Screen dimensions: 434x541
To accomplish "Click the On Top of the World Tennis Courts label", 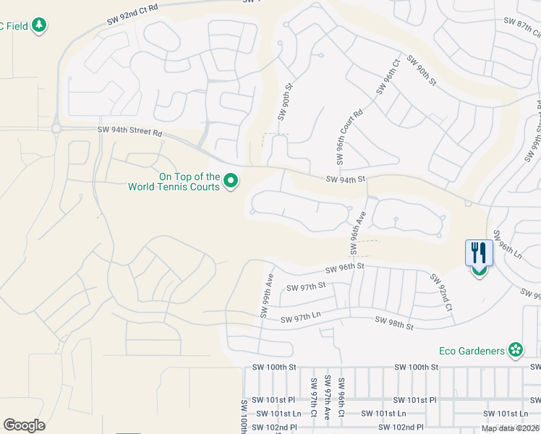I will pyautogui.click(x=174, y=182).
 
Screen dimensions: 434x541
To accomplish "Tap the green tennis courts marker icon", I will pyautogui.click(x=231, y=181).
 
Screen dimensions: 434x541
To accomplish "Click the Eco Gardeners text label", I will pyautogui.click(x=472, y=351).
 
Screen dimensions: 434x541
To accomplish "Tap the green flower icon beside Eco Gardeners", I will pyautogui.click(x=516, y=351).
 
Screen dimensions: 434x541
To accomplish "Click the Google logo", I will pyautogui.click(x=24, y=425).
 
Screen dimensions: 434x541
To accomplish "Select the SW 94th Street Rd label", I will pyautogui.click(x=130, y=132).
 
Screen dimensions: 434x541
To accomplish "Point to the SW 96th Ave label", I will pyautogui.click(x=356, y=232).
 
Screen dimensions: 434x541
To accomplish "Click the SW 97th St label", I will pyautogui.click(x=307, y=287).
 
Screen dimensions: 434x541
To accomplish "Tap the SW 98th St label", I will pyautogui.click(x=393, y=323).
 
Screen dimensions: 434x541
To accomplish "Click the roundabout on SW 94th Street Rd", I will pyautogui.click(x=56, y=129).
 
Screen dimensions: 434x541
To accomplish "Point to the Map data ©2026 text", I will pyautogui.click(x=510, y=428).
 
